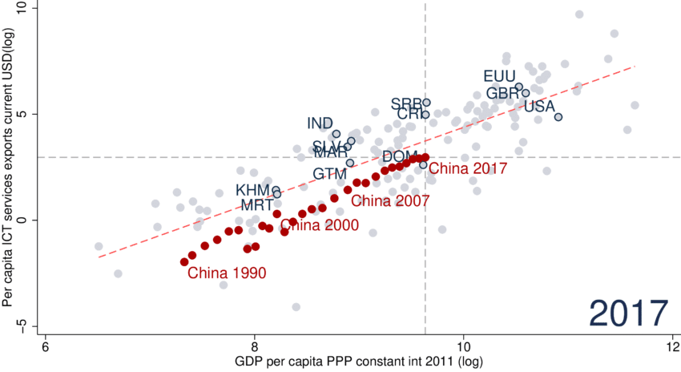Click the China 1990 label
click(227, 273)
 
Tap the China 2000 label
click(320, 225)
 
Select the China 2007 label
click(390, 200)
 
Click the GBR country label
click(502, 93)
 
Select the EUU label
click(499, 76)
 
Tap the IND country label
click(320, 123)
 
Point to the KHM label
click(252, 190)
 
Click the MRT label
click(257, 205)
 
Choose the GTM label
click(329, 173)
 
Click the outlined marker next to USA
click(558, 117)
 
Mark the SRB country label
click(406, 103)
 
